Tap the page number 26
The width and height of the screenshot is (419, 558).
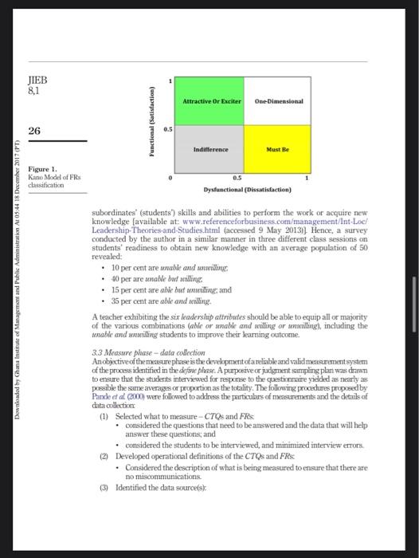coord(35,131)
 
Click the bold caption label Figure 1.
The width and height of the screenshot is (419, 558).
coord(42,169)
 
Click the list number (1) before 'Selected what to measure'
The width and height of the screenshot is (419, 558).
coord(104,417)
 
